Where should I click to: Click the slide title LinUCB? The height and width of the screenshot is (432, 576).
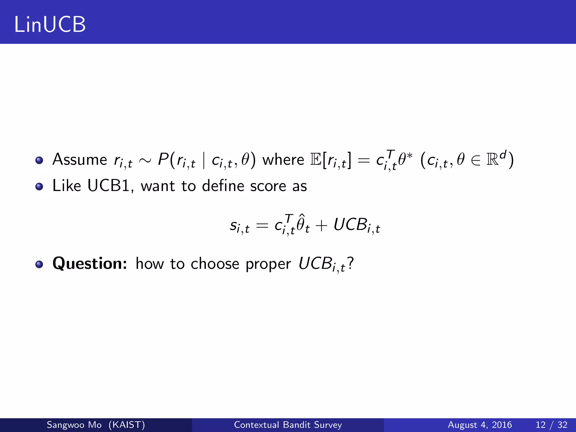tap(50, 24)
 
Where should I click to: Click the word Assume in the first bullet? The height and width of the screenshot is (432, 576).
tap(80, 160)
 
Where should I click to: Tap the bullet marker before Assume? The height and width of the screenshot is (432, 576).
tap(39, 161)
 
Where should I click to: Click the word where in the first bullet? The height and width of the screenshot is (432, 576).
tap(283, 160)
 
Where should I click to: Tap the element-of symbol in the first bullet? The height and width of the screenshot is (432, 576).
tap(476, 161)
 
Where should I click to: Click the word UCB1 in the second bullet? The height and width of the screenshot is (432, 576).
tap(109, 186)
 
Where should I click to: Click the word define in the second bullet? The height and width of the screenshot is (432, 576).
tap(223, 186)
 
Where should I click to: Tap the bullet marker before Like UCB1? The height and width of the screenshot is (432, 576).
tap(39, 187)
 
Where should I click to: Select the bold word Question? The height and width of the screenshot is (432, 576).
tap(90, 264)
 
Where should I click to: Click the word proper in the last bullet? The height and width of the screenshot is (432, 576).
tap(268, 264)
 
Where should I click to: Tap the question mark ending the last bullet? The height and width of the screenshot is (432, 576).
tap(350, 263)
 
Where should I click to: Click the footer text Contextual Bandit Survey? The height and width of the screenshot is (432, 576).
tap(288, 425)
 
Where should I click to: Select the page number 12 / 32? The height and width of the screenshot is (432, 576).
tap(552, 425)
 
